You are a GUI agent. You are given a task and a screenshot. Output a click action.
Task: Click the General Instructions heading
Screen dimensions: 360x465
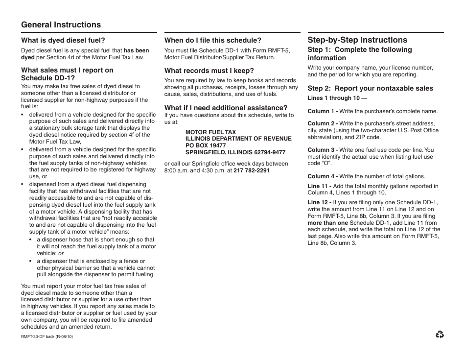click(x=61, y=25)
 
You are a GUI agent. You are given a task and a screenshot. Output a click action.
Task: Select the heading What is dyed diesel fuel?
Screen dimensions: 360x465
click(x=63, y=40)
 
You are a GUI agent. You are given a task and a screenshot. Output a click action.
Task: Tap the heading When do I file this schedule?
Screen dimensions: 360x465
click(x=212, y=40)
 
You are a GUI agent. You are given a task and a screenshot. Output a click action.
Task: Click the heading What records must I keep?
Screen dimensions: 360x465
click(x=209, y=71)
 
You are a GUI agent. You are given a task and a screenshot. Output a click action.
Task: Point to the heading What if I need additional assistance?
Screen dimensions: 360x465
click(x=226, y=108)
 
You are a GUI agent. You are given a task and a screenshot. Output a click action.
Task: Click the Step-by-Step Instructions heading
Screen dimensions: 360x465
click(x=357, y=40)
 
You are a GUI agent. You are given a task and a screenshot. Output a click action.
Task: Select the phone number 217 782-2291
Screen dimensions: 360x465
click(x=251, y=170)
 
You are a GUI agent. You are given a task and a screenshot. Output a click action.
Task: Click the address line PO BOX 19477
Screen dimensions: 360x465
click(x=206, y=145)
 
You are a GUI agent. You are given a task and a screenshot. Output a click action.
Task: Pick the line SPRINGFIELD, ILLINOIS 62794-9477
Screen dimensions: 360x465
click(x=235, y=152)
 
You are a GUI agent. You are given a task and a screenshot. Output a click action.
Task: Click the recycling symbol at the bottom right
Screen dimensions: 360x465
click(x=440, y=335)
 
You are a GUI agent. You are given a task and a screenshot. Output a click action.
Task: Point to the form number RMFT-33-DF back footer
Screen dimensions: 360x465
click(x=47, y=336)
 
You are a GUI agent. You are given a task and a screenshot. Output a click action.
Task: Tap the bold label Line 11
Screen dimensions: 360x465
click(x=319, y=186)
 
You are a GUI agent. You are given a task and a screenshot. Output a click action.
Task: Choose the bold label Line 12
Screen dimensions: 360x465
click(x=319, y=202)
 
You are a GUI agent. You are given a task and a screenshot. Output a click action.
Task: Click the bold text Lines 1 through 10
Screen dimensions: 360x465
click(x=337, y=98)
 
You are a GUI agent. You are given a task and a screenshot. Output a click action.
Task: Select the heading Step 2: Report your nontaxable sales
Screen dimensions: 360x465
click(x=370, y=88)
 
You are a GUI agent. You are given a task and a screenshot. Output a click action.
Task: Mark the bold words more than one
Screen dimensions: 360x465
click(x=327, y=223)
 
